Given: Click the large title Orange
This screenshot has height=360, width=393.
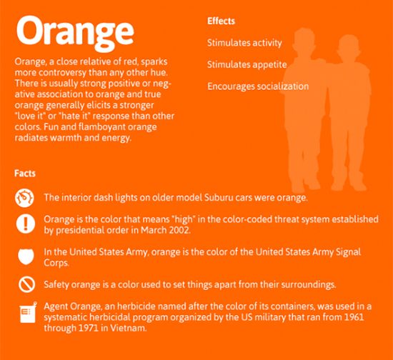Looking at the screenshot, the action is (75, 33).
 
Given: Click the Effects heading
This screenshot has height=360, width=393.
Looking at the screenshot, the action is (221, 21).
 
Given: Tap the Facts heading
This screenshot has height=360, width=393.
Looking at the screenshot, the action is (25, 174).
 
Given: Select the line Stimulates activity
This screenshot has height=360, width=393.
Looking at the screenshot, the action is (244, 43).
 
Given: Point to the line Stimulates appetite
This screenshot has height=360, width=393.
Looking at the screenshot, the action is (247, 65).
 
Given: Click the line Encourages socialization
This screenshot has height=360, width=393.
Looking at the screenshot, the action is (258, 86).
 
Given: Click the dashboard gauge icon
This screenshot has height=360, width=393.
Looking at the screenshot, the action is (24, 198).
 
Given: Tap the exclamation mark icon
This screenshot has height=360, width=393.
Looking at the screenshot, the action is (25, 224).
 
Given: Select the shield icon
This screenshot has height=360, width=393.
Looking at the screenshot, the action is (26, 256).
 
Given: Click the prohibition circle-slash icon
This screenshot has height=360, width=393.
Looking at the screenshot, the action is (26, 284).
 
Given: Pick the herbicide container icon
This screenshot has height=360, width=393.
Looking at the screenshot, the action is (28, 312).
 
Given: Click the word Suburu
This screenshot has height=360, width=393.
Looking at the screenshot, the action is (216, 198).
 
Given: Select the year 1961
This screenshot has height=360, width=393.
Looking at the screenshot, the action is (354, 317).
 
